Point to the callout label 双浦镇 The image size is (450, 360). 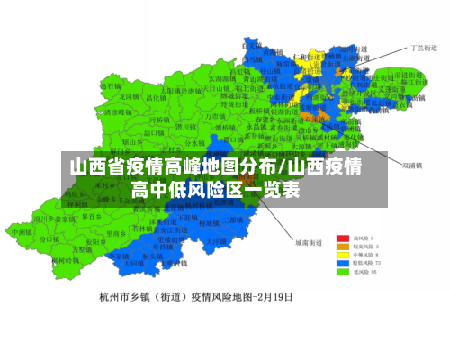pos(413,165)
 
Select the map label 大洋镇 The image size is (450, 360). pos(215,240)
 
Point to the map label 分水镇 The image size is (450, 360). pos(195,142)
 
